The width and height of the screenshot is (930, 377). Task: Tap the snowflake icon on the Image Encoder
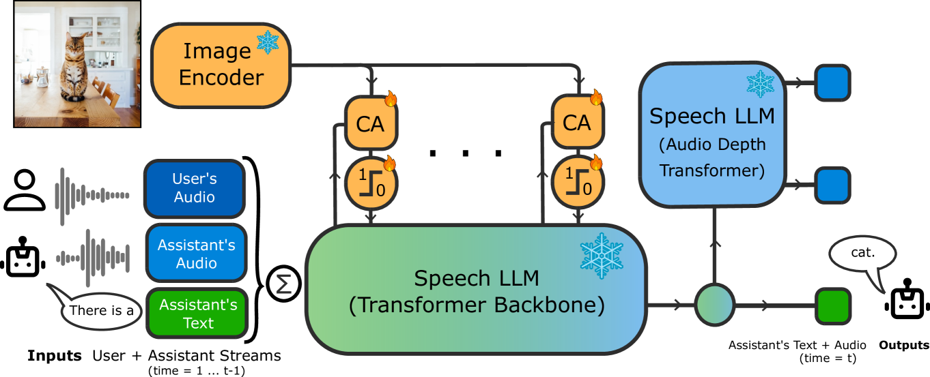(x=268, y=42)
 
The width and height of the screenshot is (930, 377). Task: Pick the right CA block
(x=577, y=123)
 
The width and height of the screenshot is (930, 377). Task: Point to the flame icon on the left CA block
(x=391, y=100)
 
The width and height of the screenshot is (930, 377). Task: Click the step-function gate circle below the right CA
(x=577, y=183)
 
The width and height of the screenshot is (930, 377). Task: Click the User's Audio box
(x=195, y=189)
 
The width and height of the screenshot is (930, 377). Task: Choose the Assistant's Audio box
(x=197, y=254)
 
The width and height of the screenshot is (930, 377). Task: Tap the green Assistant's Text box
(x=197, y=314)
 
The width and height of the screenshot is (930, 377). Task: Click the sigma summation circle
(x=283, y=284)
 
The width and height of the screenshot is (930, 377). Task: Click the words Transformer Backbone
(x=477, y=305)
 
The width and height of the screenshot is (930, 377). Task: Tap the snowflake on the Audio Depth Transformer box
(x=760, y=84)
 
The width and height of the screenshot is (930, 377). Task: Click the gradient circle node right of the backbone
(x=714, y=305)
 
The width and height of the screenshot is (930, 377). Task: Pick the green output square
(x=832, y=305)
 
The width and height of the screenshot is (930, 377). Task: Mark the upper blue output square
(x=832, y=82)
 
